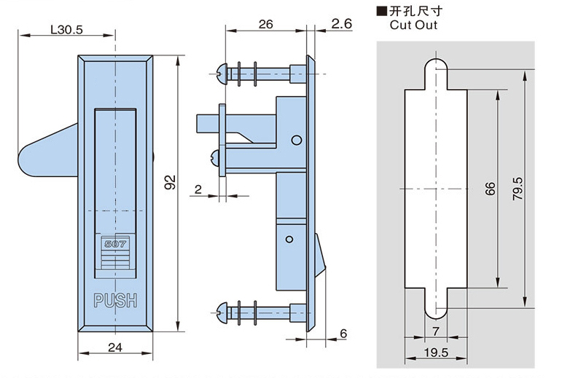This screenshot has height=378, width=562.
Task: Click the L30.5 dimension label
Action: click(x=66, y=30)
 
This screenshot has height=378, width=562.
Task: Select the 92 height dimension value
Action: click(x=170, y=182)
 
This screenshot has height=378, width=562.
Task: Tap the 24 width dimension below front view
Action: click(x=114, y=347)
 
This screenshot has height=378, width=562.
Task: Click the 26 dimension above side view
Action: click(x=266, y=25)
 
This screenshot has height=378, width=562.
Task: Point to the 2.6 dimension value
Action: click(x=341, y=25)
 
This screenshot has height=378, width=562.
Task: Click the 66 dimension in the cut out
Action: click(x=490, y=189)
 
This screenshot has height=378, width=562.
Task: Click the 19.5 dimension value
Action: click(x=434, y=353)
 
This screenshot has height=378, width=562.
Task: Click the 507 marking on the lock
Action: click(x=115, y=244)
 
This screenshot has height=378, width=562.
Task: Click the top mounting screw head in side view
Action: click(x=225, y=71)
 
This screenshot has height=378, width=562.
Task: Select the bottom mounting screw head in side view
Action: click(x=225, y=313)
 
